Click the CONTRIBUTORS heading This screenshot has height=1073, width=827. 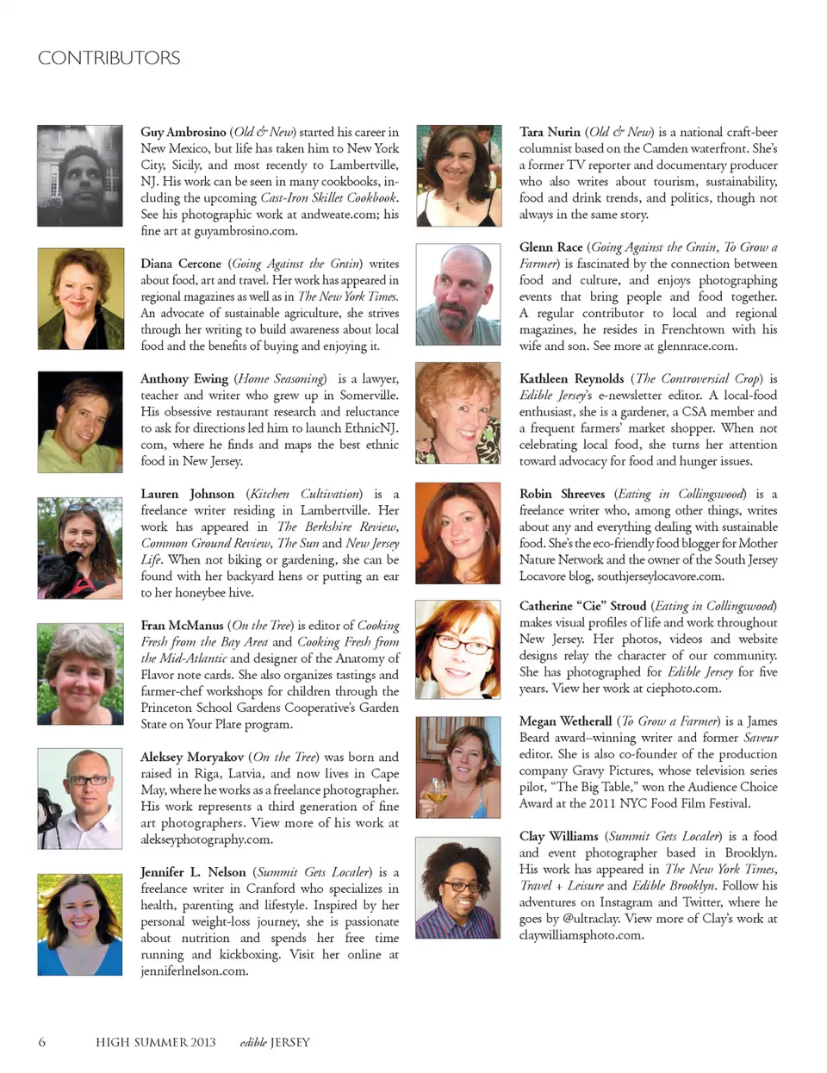click(x=109, y=58)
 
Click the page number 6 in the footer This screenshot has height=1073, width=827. click(x=42, y=1042)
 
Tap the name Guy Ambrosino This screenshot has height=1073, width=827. click(x=183, y=132)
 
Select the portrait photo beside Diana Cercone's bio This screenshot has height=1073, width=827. click(x=80, y=299)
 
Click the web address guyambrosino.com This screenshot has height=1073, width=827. click(x=246, y=231)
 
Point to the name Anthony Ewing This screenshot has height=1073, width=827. click(x=184, y=378)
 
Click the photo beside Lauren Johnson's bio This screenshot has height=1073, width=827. click(x=80, y=548)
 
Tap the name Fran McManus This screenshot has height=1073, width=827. click(x=182, y=625)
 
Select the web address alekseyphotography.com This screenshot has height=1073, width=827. click(x=207, y=839)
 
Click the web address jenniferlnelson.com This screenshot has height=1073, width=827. click(x=195, y=970)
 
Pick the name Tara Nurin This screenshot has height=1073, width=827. click(x=550, y=132)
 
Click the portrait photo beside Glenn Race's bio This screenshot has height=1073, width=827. click(x=458, y=294)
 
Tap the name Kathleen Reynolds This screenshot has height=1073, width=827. click(x=571, y=378)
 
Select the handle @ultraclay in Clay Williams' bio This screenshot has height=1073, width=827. click(x=592, y=919)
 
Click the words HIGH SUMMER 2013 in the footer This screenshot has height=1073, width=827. click(x=156, y=1042)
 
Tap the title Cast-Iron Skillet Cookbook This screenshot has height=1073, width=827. click(x=328, y=197)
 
